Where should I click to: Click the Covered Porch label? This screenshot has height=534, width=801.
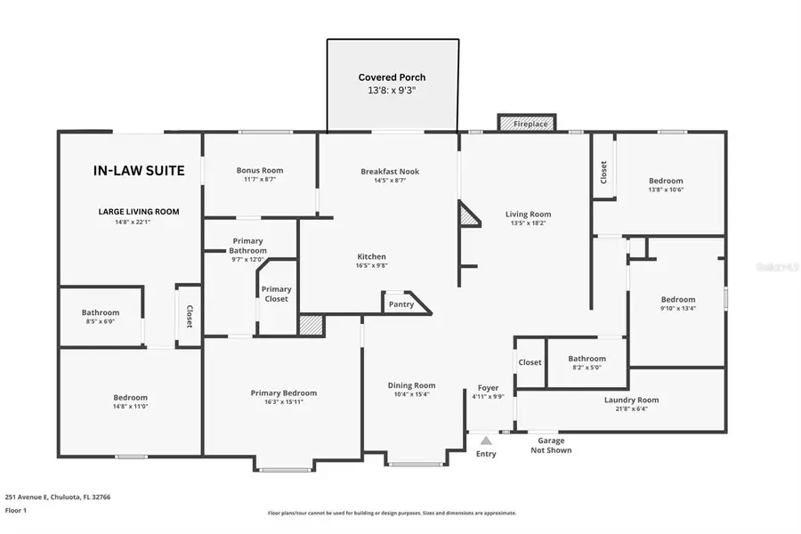point(392,77)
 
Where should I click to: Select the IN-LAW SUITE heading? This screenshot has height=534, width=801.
point(139,171)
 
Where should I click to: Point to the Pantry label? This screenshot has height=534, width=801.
point(401,304)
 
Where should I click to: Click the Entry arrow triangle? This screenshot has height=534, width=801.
point(486,439)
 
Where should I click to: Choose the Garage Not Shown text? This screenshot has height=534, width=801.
point(551,445)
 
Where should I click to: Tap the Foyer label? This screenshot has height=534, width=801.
point(488,387)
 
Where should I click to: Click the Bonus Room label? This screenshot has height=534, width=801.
point(259,170)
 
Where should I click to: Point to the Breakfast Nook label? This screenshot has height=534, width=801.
point(390,171)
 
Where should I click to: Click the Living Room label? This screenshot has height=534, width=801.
point(528,214)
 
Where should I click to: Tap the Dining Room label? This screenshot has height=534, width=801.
point(411,384)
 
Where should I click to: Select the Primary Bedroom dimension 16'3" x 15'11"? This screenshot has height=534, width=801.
point(283,403)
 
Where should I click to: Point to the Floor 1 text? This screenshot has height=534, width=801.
point(17,511)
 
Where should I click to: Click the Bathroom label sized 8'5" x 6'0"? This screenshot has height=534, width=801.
point(101,312)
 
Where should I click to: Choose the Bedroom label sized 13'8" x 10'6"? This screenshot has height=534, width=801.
point(666,181)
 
